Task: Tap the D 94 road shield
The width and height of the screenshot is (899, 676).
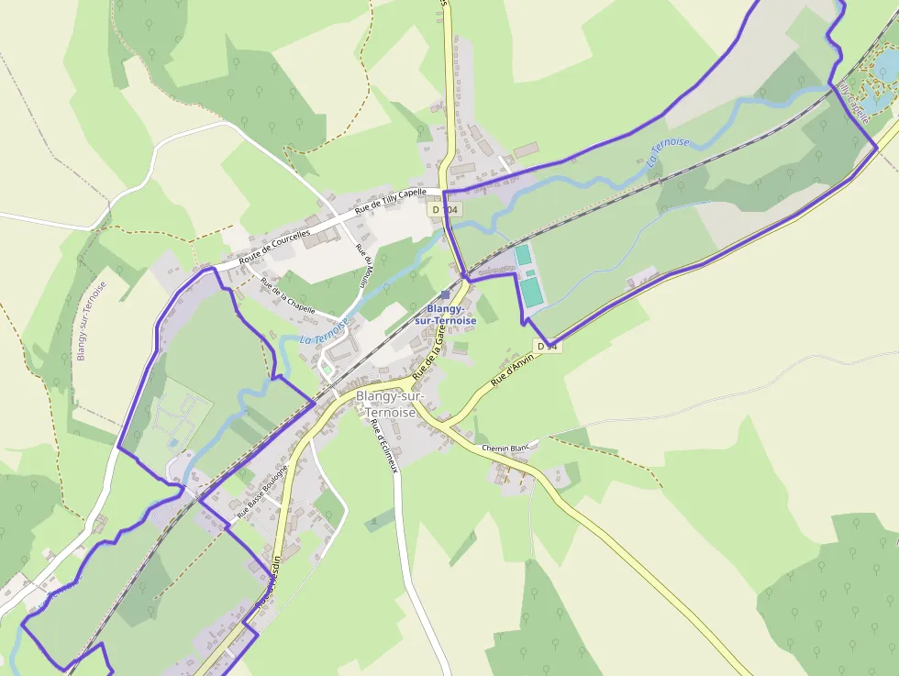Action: tap(548, 346)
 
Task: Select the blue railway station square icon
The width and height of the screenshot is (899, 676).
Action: tap(446, 294)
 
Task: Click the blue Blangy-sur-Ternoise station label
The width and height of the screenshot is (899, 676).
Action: tap(446, 316)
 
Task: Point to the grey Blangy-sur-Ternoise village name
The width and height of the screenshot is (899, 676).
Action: tap(386, 404)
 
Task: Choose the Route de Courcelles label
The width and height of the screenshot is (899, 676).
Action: tap(274, 247)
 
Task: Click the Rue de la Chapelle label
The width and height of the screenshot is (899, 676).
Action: tap(287, 295)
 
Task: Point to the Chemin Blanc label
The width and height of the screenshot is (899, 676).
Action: tap(507, 448)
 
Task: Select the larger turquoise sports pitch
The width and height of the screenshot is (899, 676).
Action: tap(531, 292)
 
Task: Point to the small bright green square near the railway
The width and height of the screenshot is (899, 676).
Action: tap(327, 371)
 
